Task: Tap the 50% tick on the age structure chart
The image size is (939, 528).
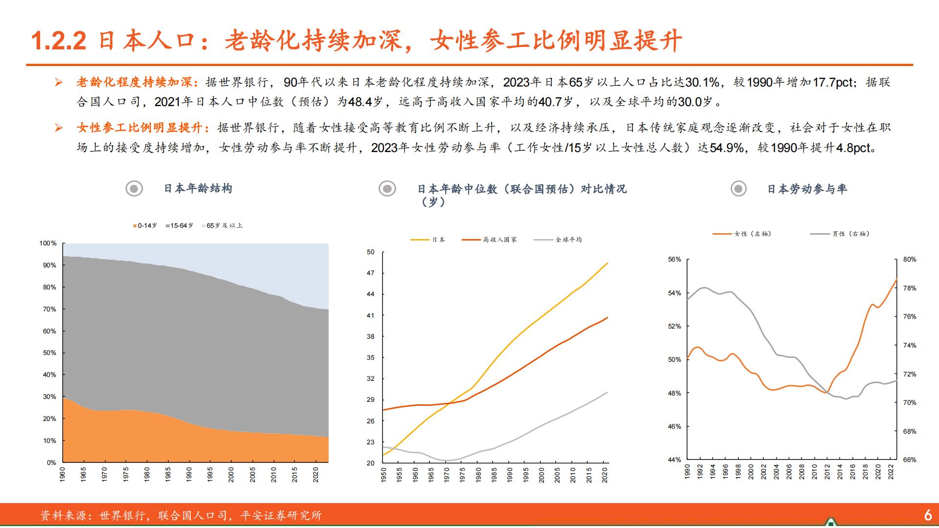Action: click(x=50, y=352)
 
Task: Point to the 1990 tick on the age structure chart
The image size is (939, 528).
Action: click(x=189, y=475)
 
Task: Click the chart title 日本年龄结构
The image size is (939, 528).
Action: click(x=198, y=188)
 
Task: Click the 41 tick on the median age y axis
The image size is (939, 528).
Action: click(x=371, y=315)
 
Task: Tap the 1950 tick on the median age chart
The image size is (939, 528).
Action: click(x=383, y=475)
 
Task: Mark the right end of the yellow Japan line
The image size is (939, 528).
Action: click(x=607, y=264)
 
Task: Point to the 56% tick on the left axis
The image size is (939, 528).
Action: click(x=674, y=259)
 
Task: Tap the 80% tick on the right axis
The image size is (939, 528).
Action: click(x=909, y=259)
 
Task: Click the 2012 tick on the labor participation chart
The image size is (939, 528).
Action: click(x=827, y=472)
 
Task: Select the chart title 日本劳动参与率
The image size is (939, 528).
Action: click(x=806, y=189)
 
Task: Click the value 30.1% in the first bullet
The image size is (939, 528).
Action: click(x=703, y=82)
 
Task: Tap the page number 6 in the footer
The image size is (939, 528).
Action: click(x=928, y=515)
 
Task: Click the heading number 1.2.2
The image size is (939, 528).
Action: click(x=59, y=41)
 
